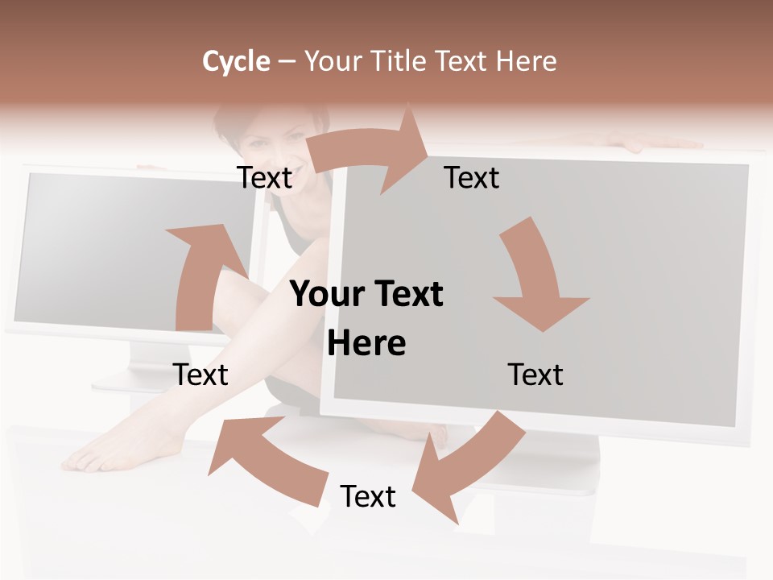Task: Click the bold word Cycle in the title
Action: (236, 61)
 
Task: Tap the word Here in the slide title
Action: (527, 61)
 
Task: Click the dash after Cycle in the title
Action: (287, 61)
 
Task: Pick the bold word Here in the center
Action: (366, 344)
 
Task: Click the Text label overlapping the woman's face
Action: (265, 177)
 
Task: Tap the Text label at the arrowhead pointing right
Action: (472, 177)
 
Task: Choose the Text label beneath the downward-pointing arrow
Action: (535, 375)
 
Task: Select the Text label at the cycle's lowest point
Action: (368, 496)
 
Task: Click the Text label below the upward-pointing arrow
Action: (200, 375)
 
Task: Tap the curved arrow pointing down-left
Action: (467, 467)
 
